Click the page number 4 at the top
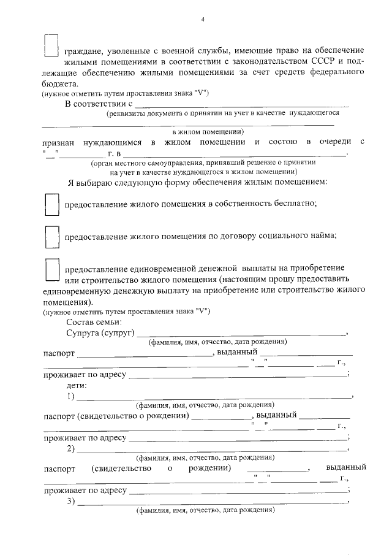(203, 19)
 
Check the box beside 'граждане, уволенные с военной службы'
(51, 45)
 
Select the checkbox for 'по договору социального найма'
(51, 237)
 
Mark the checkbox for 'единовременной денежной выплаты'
(51, 270)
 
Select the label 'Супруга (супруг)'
(100, 333)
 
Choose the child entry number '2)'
(70, 449)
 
